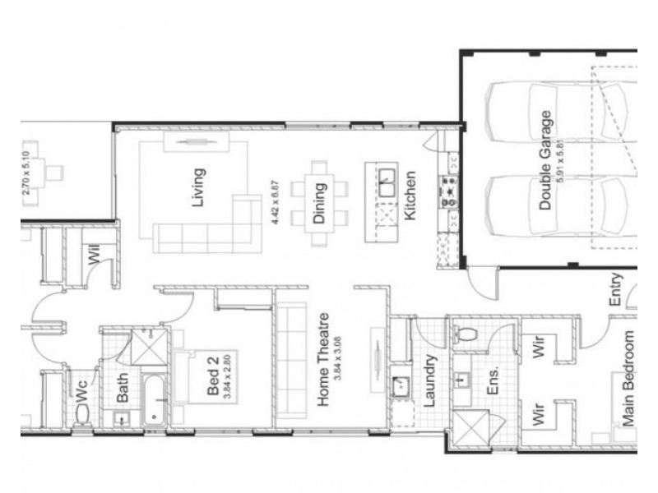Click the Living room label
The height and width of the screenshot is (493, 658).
point(197,187)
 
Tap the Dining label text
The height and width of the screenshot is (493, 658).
point(319,202)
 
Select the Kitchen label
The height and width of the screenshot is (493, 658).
point(410,196)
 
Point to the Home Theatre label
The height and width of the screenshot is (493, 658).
point(324,360)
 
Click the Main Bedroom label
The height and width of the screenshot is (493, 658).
point(629,378)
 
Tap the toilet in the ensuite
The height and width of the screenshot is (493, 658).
point(465,334)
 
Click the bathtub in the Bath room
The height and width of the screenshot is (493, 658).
point(155,401)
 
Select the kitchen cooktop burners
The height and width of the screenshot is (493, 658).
point(450,191)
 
